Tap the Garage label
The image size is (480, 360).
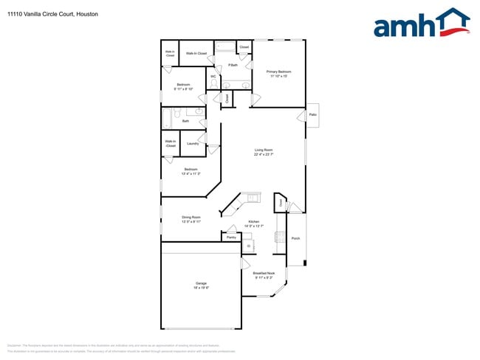click(x=201, y=283)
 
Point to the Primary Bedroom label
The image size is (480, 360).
click(x=280, y=72)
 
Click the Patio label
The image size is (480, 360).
click(x=313, y=114)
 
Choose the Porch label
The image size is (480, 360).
click(x=295, y=238)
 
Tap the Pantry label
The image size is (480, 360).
click(x=231, y=238)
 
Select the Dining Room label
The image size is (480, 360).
click(x=191, y=217)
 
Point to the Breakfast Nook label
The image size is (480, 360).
click(x=264, y=273)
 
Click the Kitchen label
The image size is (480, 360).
click(x=253, y=222)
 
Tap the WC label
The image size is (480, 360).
click(x=213, y=76)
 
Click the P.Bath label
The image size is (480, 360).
click(x=232, y=66)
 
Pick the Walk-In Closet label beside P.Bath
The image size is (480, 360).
click(x=196, y=53)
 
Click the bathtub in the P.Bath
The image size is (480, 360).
click(x=224, y=48)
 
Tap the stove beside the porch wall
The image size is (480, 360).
click(x=280, y=237)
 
